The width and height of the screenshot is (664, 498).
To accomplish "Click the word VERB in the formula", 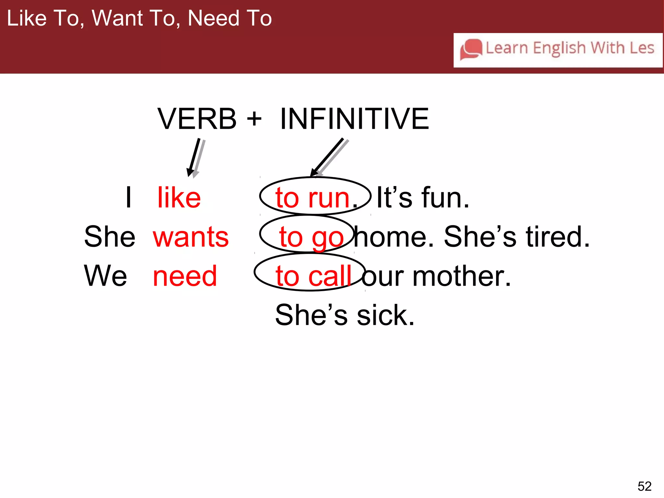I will tap(197, 119).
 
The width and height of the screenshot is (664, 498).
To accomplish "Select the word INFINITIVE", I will tap(354, 119).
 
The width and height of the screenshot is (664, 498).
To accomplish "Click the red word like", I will tap(179, 197).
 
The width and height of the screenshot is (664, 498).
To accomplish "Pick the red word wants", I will tap(191, 237).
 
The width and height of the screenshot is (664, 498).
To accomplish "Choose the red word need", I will tap(185, 276).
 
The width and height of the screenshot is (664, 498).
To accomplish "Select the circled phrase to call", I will tap(313, 276).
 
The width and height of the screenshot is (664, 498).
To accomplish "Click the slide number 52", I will tap(644, 486).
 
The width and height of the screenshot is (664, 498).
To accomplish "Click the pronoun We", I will tap(105, 276).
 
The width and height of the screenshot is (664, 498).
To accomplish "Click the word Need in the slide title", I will tap(214, 18).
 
